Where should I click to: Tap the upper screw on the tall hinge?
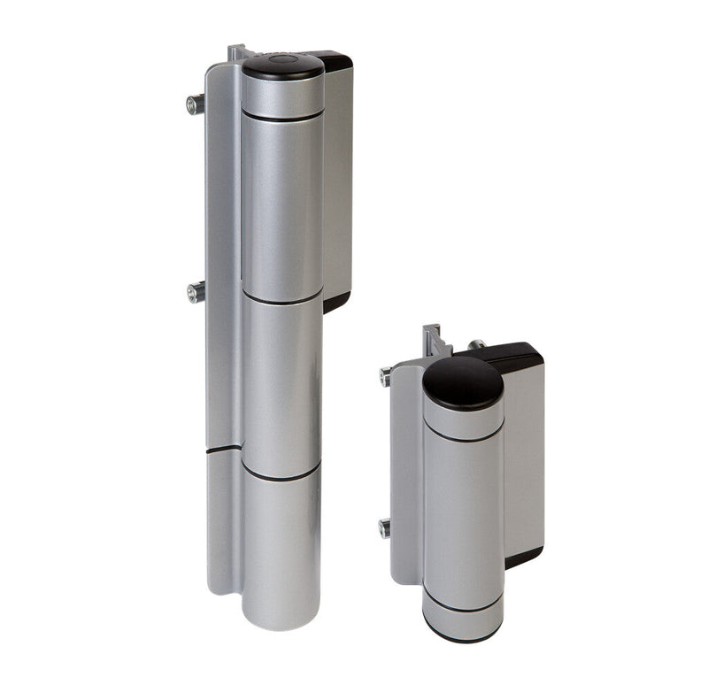click(194, 104)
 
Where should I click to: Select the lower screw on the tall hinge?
click(194, 292)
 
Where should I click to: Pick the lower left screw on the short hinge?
click(385, 528)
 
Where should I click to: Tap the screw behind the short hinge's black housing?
click(476, 343)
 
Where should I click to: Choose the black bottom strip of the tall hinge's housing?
click(335, 302)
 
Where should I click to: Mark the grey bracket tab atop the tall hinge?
click(235, 52)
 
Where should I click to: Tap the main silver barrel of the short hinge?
click(463, 513)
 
